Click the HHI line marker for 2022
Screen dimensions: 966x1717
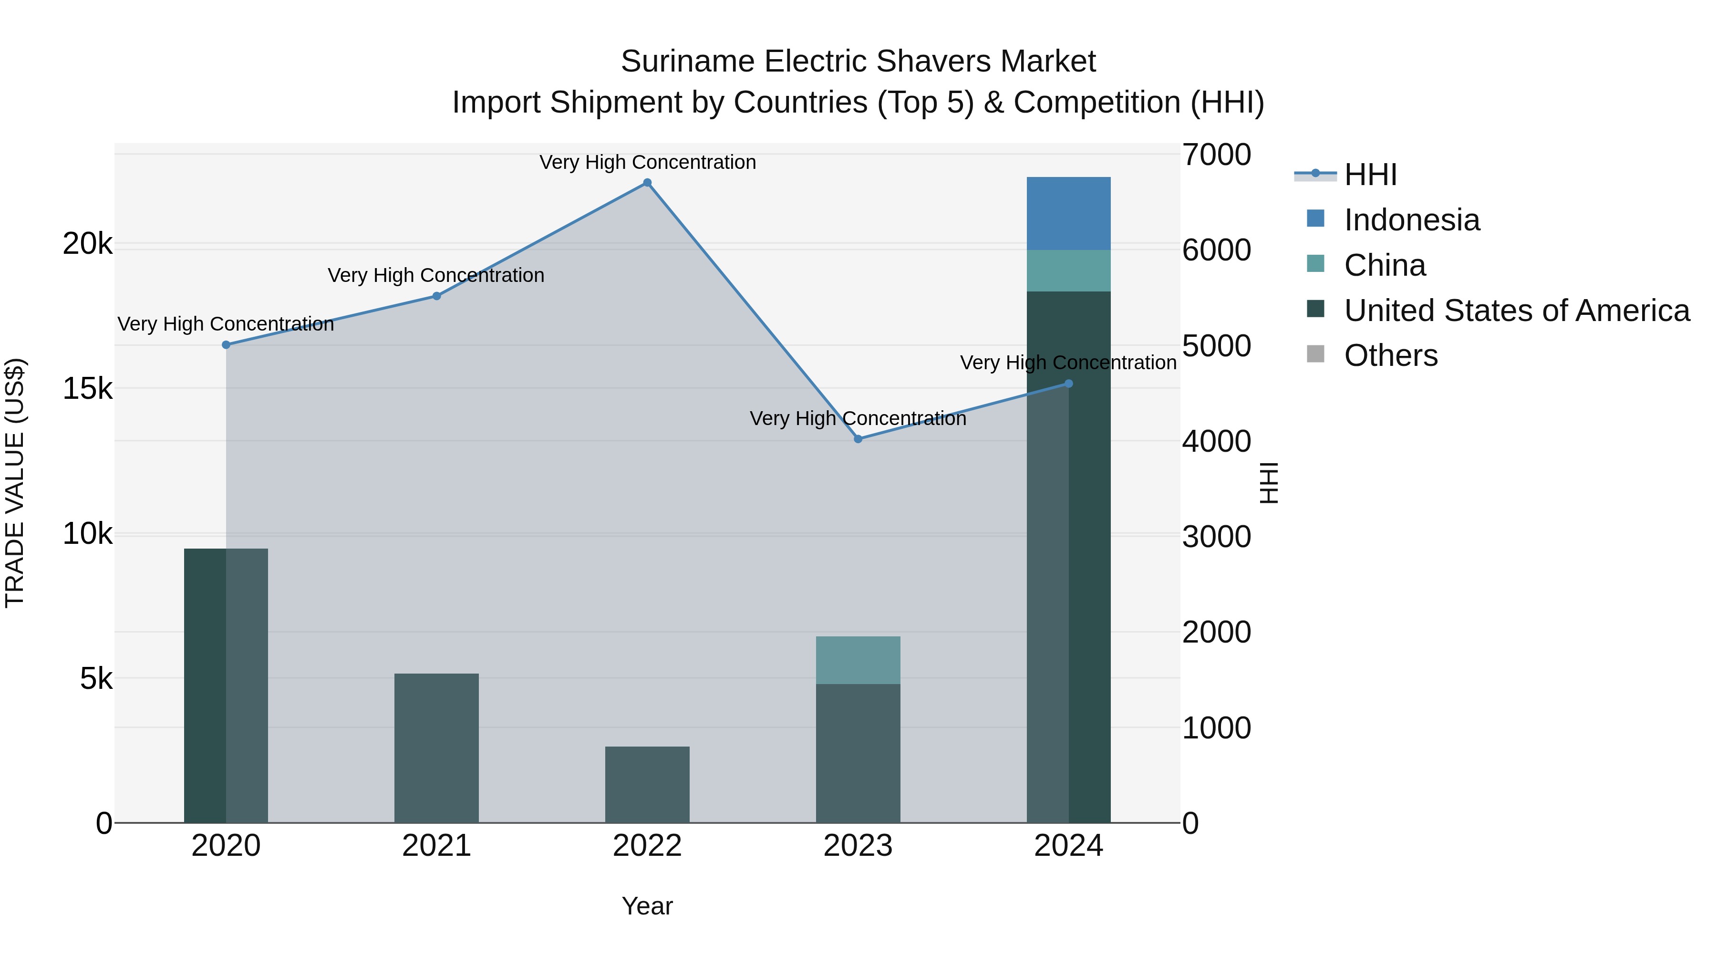[x=647, y=183]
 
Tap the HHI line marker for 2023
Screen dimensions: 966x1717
[x=858, y=439]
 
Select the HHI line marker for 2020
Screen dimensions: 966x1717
[x=226, y=345]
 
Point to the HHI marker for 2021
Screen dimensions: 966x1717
[x=436, y=296]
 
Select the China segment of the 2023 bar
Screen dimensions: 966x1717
[x=858, y=660]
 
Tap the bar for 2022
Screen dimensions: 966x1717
[x=647, y=785]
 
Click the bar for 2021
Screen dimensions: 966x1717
[x=436, y=748]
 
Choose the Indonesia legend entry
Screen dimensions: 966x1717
[x=1411, y=220]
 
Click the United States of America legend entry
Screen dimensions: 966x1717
[x=1516, y=311]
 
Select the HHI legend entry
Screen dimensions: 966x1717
[x=1370, y=175]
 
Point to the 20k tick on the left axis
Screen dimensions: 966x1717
[x=87, y=244]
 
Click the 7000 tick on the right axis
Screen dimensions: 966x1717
[x=1216, y=155]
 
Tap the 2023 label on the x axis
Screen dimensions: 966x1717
[x=858, y=846]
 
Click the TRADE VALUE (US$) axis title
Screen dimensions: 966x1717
[x=15, y=483]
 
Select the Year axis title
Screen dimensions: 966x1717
[x=647, y=906]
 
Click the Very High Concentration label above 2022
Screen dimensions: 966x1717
[x=647, y=162]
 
